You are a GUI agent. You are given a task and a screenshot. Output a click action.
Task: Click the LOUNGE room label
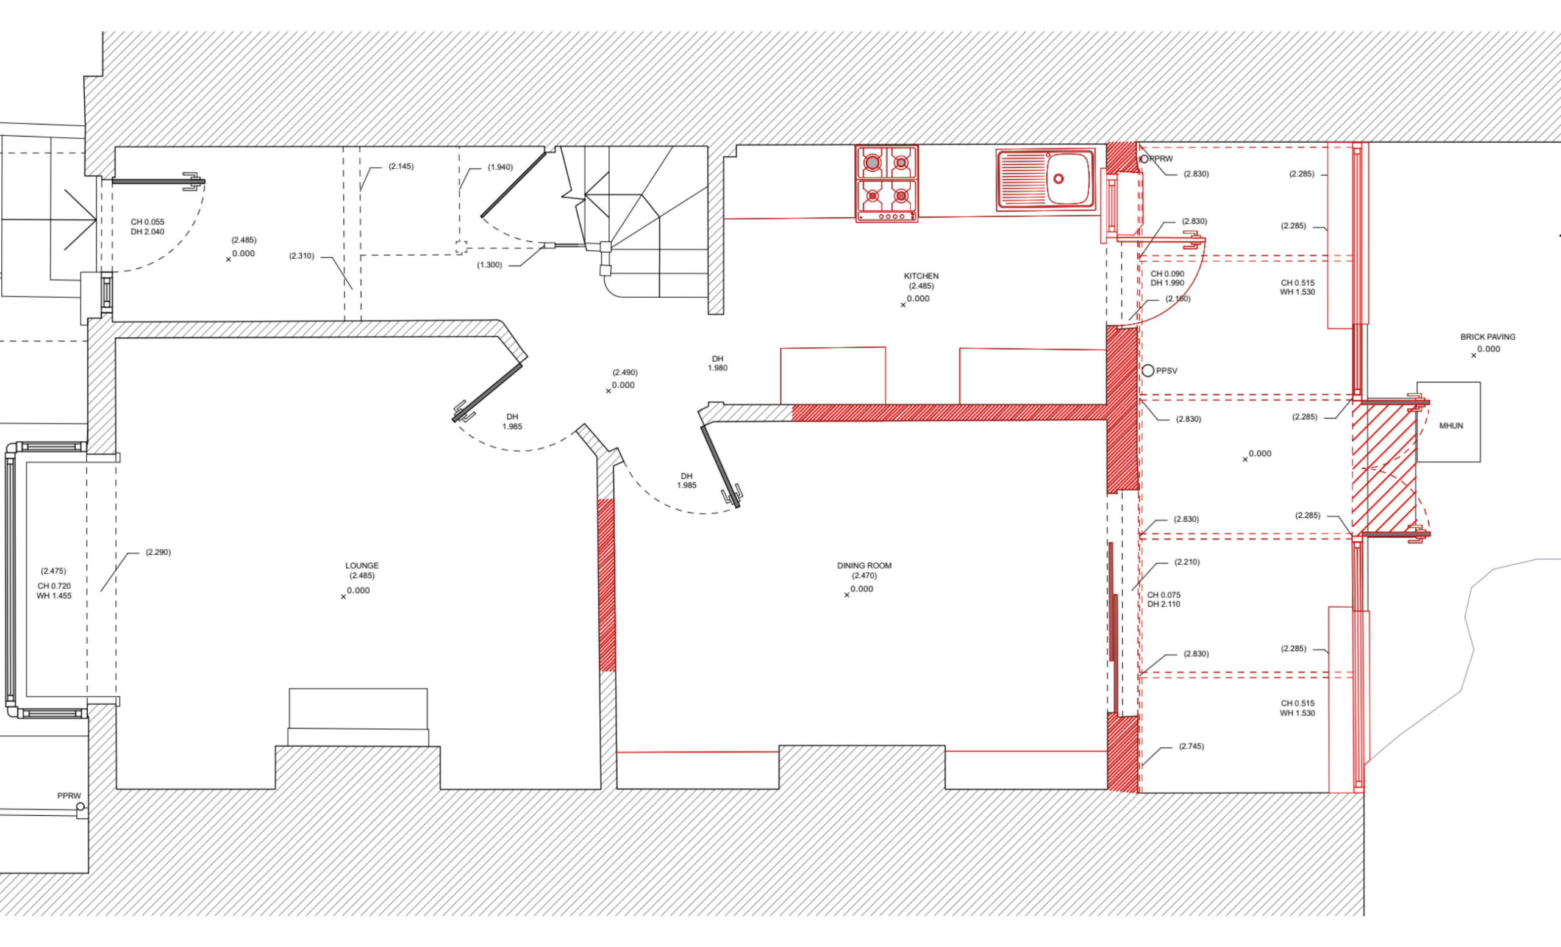click(362, 566)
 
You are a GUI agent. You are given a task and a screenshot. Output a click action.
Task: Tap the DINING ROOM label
click(864, 566)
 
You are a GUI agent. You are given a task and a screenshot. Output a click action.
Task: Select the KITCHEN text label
click(921, 276)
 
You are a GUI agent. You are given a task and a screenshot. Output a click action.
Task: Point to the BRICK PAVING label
click(1487, 337)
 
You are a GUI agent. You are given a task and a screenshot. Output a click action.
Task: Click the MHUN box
click(1448, 422)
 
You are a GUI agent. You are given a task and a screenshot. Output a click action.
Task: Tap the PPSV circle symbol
click(1148, 370)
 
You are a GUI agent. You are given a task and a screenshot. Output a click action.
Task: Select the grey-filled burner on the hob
click(873, 163)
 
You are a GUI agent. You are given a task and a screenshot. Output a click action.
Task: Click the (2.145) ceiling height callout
click(401, 166)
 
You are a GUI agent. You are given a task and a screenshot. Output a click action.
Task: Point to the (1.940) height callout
click(500, 167)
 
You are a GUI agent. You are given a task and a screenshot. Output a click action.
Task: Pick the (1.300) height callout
click(489, 265)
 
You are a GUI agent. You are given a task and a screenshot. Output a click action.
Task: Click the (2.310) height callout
click(302, 256)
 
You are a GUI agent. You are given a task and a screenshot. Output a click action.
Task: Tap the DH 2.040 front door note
click(148, 231)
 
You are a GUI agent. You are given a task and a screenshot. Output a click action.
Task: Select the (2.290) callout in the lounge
click(158, 552)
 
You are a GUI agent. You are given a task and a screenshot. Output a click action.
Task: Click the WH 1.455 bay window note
click(54, 596)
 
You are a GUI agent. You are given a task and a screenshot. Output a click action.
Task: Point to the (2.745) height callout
click(1191, 746)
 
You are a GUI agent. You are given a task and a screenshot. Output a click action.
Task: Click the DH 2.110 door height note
click(1164, 604)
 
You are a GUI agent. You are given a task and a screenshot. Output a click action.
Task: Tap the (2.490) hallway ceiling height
click(624, 372)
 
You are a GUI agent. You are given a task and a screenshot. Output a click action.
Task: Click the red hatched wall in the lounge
click(607, 585)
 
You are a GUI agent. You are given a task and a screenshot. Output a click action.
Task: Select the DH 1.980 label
click(717, 363)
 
